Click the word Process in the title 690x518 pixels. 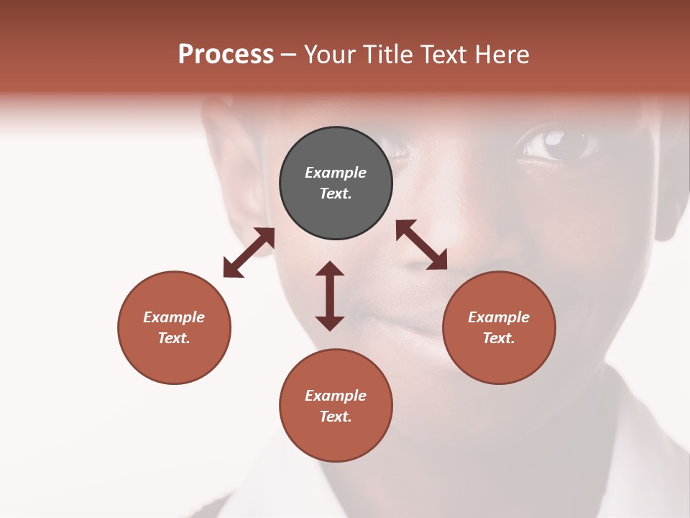(226, 55)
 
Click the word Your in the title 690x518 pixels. (328, 55)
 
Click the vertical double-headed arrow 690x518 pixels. (330, 296)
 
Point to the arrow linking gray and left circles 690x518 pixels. (249, 253)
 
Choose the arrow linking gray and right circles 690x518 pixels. (421, 245)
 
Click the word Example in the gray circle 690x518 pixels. (336, 173)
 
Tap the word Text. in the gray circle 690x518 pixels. (336, 194)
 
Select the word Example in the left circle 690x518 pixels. (174, 317)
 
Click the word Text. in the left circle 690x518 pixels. (174, 338)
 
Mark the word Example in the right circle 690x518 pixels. (499, 317)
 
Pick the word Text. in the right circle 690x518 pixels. (499, 338)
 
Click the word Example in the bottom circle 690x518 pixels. (336, 396)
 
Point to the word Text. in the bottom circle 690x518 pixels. (336, 417)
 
